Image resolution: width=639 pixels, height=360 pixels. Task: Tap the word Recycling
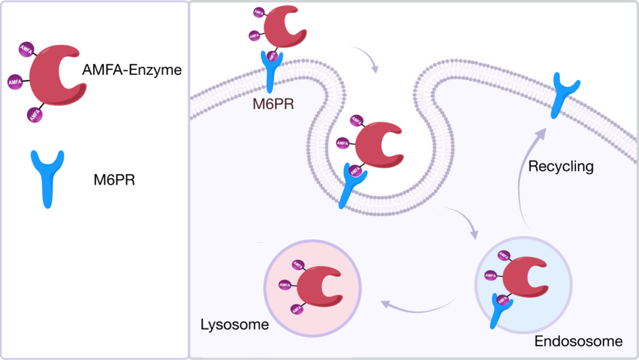[x=560, y=167]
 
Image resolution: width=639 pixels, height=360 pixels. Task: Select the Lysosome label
[x=234, y=324]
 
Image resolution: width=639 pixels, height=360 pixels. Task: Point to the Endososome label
[x=578, y=341]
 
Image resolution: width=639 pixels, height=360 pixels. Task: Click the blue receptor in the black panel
[x=47, y=176]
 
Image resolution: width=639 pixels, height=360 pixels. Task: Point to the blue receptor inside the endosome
[x=499, y=309]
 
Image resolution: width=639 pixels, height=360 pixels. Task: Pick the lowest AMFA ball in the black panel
[x=34, y=114]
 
